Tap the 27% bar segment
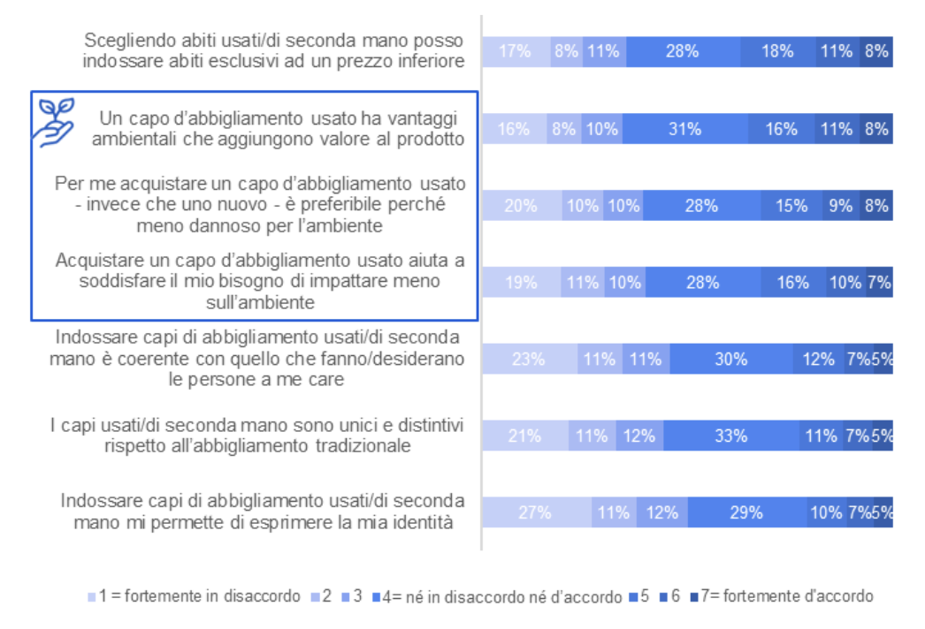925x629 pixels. [536, 512]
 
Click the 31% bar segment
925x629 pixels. [685, 129]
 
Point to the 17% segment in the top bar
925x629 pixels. [516, 51]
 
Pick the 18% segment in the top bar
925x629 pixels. [777, 51]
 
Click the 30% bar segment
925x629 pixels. [731, 360]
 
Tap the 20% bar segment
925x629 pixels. [522, 206]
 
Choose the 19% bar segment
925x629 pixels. [521, 283]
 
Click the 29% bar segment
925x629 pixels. [747, 512]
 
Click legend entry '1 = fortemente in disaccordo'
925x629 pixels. [195, 596]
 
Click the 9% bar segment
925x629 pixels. [839, 206]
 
